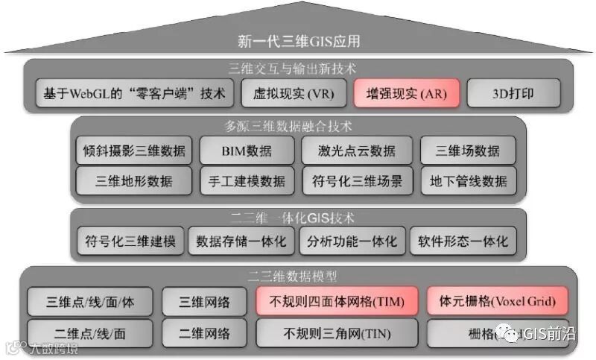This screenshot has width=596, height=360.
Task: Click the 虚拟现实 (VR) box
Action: tap(289, 94)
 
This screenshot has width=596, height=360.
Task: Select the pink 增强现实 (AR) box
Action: tap(406, 94)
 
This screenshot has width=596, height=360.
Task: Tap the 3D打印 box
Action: tap(515, 94)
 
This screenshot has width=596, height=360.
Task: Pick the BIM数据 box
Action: tap(247, 151)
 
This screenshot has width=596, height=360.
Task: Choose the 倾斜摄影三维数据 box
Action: tap(134, 151)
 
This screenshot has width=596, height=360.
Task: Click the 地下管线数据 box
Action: tap(469, 180)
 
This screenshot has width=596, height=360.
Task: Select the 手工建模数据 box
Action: tap(247, 180)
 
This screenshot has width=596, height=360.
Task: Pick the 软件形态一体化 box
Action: tap(463, 241)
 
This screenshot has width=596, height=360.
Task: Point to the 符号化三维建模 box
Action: tap(130, 241)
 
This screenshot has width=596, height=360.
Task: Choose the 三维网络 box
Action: tap(204, 302)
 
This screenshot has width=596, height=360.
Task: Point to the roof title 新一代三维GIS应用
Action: tap(298, 42)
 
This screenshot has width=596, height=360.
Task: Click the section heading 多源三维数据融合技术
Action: tap(298, 126)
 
